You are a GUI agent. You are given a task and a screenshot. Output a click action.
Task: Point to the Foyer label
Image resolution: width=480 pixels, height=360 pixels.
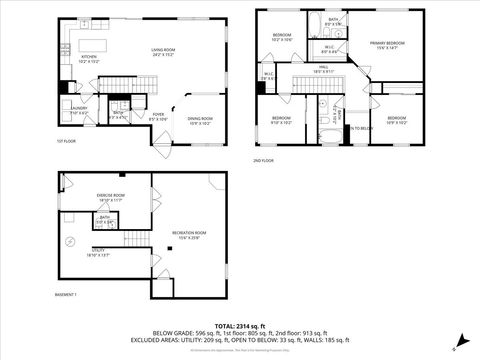pos(158,117)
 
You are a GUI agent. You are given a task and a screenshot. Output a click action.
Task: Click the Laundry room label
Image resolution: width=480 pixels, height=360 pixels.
pos(77,112)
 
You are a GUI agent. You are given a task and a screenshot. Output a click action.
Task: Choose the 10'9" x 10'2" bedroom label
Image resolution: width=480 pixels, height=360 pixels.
pos(398,120)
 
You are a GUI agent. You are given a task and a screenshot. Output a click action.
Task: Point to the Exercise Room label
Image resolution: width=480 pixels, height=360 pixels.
pos(111,197)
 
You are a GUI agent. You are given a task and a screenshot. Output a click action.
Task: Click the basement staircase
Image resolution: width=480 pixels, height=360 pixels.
pos(133,240)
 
